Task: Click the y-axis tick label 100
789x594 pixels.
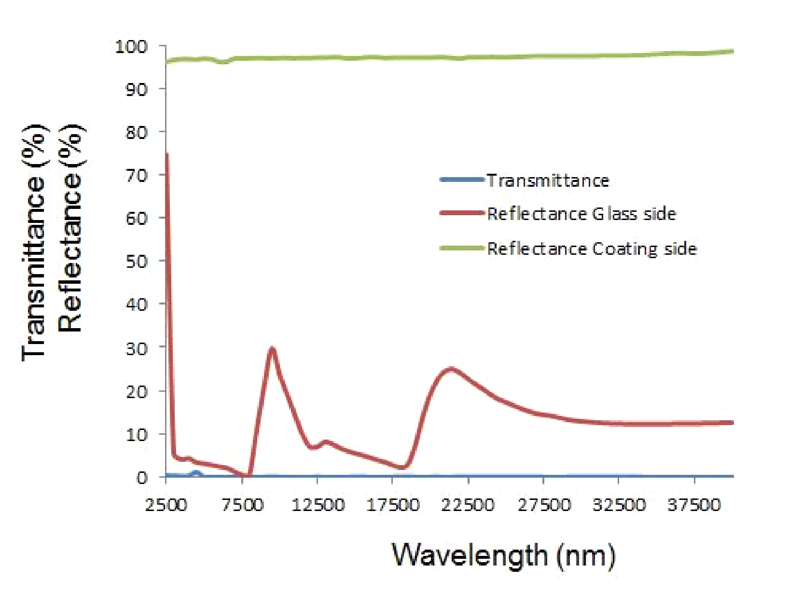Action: [131, 47]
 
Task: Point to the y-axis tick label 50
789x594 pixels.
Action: [137, 261]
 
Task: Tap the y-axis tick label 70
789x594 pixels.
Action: [137, 175]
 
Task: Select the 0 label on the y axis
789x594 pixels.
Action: [142, 477]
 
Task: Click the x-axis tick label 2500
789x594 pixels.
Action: [166, 505]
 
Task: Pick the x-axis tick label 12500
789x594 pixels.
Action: [318, 505]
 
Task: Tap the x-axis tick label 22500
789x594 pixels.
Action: [468, 505]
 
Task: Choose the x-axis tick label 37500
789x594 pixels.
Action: [694, 505]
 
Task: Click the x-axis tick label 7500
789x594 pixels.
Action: [242, 505]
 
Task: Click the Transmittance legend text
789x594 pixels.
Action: [548, 180]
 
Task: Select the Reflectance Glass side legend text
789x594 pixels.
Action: [581, 214]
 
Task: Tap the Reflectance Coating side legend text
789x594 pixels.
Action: [592, 249]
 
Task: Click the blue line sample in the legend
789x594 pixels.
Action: [462, 180]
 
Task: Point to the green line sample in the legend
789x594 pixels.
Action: [462, 249]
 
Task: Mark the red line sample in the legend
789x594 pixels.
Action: [462, 213]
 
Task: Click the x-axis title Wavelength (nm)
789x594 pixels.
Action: [504, 555]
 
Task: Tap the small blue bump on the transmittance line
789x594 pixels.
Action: [196, 473]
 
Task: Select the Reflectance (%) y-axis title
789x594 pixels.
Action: [70, 228]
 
